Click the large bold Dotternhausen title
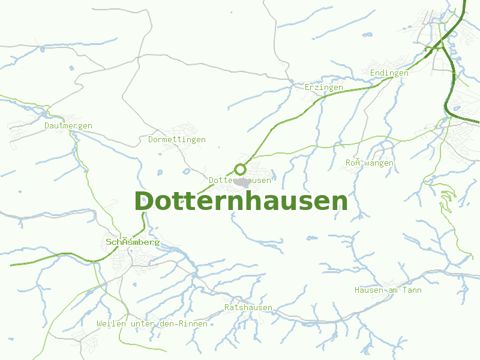(x=241, y=202)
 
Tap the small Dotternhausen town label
(x=240, y=180)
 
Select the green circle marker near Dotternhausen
(x=241, y=169)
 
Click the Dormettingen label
(x=176, y=140)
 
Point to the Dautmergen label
(x=68, y=126)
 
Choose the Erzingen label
(x=324, y=88)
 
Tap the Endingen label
(x=389, y=73)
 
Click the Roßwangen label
(x=370, y=163)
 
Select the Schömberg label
(x=133, y=242)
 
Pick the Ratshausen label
(x=248, y=308)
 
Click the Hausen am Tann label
(x=388, y=290)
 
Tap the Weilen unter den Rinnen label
(x=152, y=324)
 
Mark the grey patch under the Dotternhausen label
(x=242, y=182)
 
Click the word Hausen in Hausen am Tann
(x=369, y=290)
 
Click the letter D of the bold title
(x=144, y=202)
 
